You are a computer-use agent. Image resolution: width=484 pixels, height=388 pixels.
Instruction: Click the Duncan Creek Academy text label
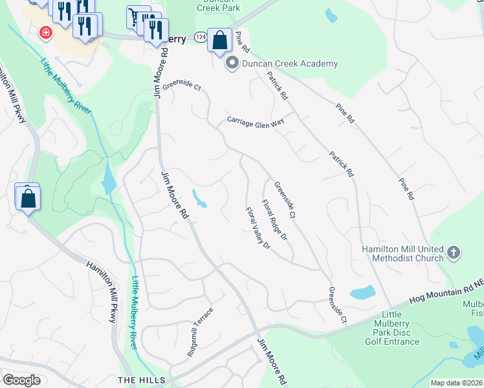click(290, 63)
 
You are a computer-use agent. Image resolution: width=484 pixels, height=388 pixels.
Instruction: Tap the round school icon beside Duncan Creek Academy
click(231, 63)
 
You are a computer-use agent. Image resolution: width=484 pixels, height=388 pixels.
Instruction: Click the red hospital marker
click(45, 32)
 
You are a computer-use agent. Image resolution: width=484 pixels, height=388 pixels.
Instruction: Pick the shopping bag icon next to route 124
click(220, 40)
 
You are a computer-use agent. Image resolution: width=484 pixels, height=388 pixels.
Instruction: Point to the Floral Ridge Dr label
click(274, 221)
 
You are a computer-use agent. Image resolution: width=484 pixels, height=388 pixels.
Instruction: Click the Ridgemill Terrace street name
click(201, 323)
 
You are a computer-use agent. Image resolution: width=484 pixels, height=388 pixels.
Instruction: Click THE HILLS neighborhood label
click(141, 380)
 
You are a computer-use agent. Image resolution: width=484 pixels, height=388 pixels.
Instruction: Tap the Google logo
click(22, 380)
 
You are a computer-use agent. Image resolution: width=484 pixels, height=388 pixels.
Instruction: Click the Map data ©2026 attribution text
click(456, 383)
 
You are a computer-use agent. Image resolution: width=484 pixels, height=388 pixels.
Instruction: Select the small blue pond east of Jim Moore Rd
click(199, 199)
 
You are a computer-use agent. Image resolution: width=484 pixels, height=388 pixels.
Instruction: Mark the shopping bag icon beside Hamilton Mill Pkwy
click(28, 198)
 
